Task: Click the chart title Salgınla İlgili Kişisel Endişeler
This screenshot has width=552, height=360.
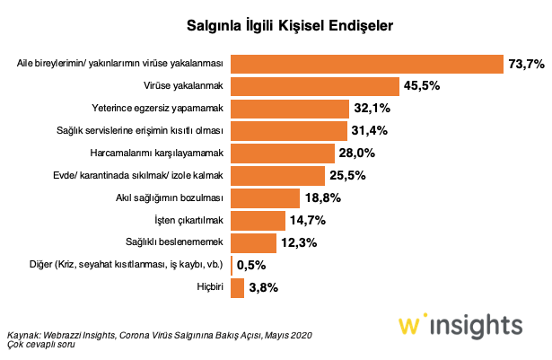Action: click(x=276, y=26)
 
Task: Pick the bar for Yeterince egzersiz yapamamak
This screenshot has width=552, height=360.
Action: click(x=290, y=109)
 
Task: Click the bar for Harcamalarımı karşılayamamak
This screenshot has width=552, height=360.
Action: click(x=282, y=153)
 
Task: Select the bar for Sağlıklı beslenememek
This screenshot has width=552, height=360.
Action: click(x=253, y=242)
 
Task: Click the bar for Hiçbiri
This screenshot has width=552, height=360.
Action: click(x=237, y=287)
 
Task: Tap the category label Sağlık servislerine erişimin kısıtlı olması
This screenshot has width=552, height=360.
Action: click(x=157, y=131)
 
